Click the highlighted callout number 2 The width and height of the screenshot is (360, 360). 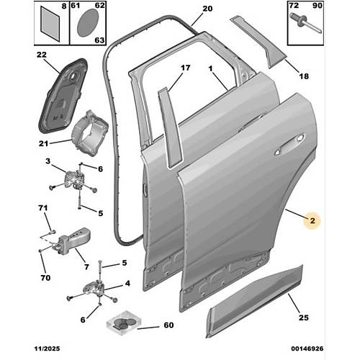click(x=312, y=220)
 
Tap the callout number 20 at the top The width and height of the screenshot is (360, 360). click(x=207, y=9)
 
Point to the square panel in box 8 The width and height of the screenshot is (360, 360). click(x=50, y=24)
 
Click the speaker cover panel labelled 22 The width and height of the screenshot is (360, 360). click(x=63, y=95)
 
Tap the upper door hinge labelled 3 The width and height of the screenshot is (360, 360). click(x=73, y=178)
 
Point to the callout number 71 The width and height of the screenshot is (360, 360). click(x=43, y=208)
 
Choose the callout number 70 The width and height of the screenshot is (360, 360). click(x=45, y=278)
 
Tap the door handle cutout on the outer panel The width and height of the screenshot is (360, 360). click(x=289, y=145)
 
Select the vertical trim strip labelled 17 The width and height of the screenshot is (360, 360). click(x=170, y=127)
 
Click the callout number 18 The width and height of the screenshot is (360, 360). click(x=304, y=76)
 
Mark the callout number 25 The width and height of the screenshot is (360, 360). click(x=304, y=318)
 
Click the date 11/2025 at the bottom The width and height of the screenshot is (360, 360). click(x=48, y=348)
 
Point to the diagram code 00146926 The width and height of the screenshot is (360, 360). click(x=307, y=348)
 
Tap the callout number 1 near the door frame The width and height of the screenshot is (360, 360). click(x=210, y=69)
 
